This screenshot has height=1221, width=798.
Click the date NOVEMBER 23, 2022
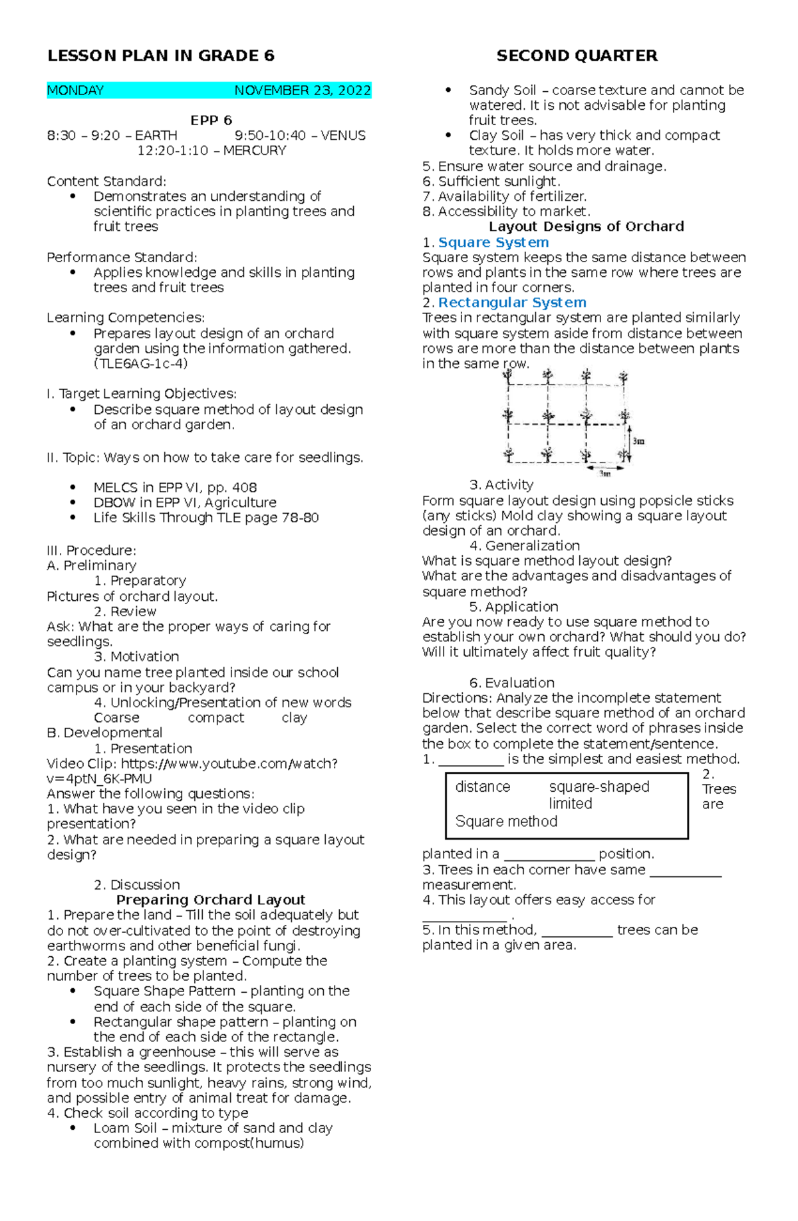[302, 90]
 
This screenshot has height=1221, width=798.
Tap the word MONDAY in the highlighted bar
[75, 90]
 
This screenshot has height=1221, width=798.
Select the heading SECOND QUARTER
[577, 56]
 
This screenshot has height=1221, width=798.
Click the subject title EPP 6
[211, 120]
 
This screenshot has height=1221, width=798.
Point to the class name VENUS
[343, 136]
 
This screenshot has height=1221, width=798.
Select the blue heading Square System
[493, 242]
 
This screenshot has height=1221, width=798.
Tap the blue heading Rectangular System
[511, 303]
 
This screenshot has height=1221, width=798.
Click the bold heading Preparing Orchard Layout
[210, 900]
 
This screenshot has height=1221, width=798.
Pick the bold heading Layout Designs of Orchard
[586, 226]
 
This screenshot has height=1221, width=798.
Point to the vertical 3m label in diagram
[638, 441]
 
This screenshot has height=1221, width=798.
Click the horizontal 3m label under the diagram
[604, 474]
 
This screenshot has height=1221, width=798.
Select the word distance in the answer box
[482, 786]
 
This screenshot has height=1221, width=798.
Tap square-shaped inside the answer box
[598, 786]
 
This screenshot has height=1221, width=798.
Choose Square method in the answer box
[506, 821]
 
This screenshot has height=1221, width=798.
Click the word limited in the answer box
[570, 804]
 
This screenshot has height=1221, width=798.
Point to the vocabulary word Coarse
[116, 718]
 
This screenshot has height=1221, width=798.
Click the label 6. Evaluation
[511, 683]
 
